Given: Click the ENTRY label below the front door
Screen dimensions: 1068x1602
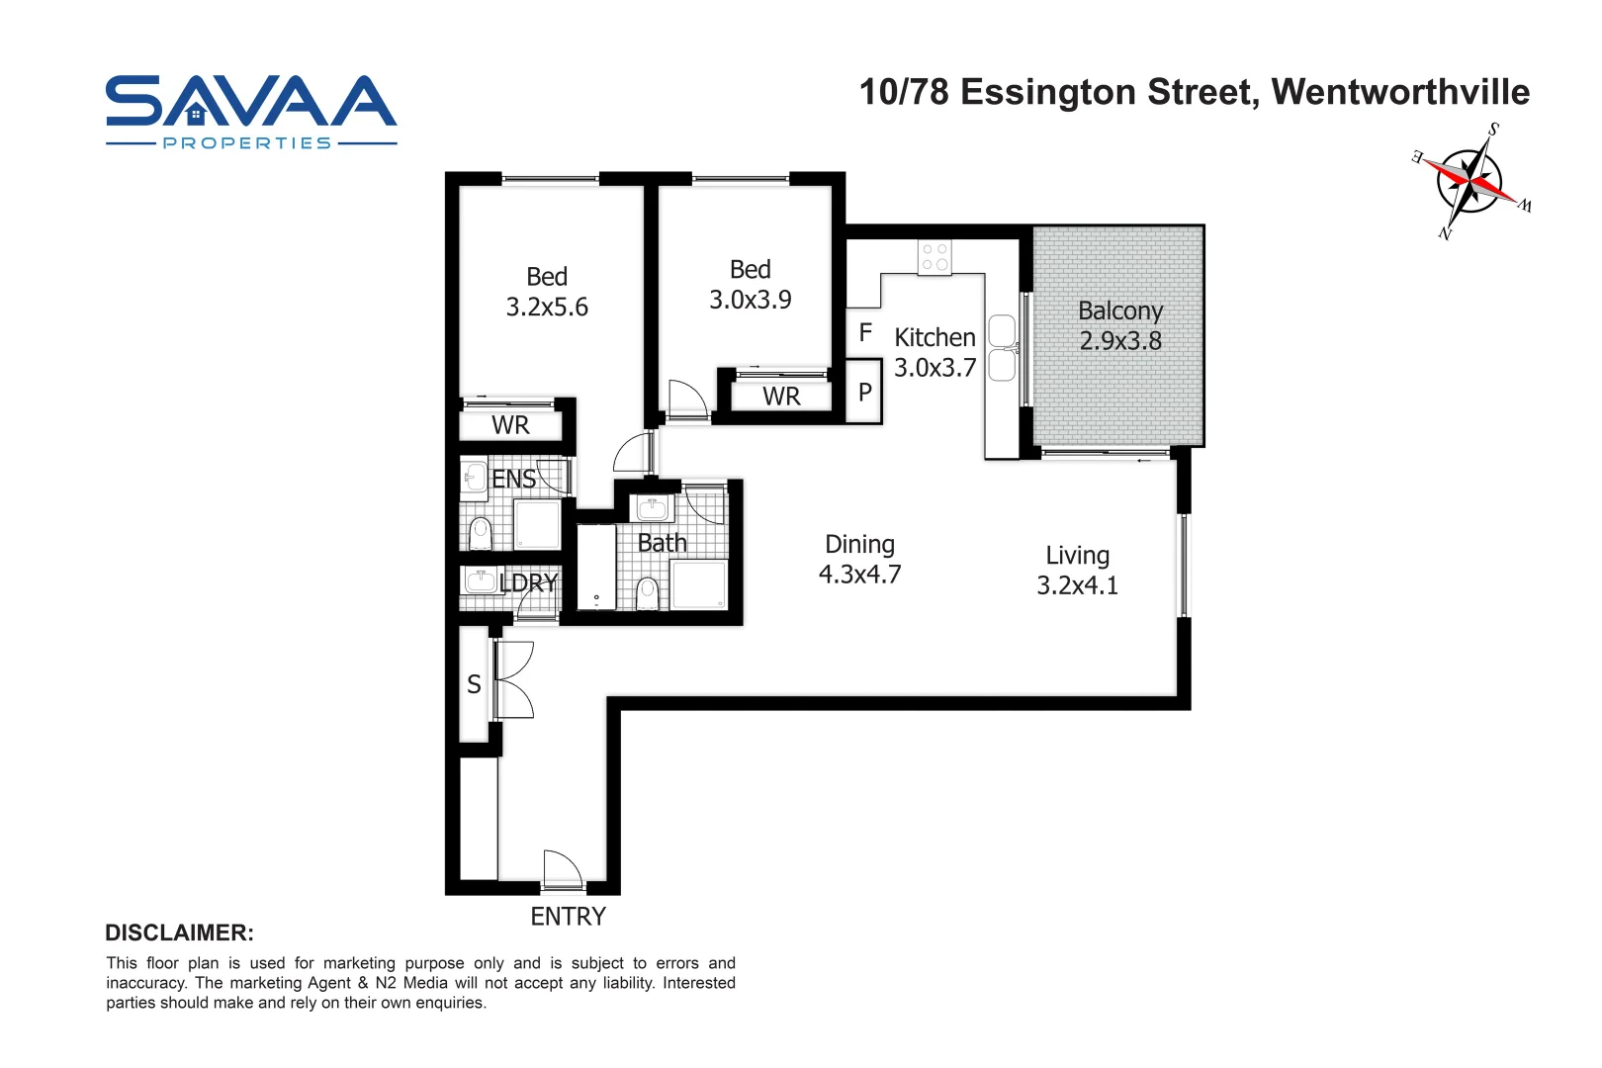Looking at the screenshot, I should [568, 917].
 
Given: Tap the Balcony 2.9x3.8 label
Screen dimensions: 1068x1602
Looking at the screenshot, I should [1119, 325].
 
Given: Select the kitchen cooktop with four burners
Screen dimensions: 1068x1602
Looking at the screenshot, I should [934, 258].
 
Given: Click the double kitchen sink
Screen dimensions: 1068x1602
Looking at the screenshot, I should [1002, 348].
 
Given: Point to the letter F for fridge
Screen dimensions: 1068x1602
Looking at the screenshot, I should [865, 333].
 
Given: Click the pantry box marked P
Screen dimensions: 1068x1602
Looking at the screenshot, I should [864, 393].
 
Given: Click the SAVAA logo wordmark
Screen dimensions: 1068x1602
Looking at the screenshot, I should [251, 102].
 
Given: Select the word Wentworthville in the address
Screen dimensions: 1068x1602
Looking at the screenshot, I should [1400, 92].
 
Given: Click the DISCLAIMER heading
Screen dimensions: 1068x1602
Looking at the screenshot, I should [179, 933].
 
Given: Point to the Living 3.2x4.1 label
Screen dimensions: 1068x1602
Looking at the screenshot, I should [1077, 571].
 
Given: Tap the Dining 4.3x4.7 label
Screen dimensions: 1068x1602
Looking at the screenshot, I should [859, 560].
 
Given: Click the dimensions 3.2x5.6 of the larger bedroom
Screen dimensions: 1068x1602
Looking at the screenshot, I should [547, 308].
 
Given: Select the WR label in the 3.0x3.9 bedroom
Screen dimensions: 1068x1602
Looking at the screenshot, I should [781, 397].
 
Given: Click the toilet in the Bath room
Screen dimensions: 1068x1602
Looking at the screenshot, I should [647, 593].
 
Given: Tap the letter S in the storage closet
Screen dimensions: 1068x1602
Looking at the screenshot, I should [474, 684].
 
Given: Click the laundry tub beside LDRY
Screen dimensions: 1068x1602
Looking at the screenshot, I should [480, 579].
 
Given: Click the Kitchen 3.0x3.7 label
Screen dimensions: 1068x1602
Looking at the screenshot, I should [934, 352].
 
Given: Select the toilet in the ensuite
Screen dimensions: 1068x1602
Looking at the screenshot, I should [480, 533].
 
